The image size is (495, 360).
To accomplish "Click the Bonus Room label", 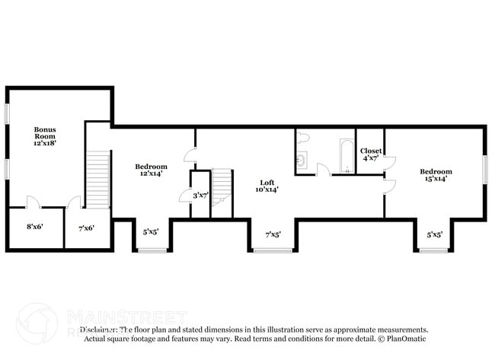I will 45,135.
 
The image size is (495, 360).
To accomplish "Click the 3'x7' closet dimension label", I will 201,196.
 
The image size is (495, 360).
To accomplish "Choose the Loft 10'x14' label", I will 267,186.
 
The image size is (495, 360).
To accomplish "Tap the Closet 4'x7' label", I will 370,155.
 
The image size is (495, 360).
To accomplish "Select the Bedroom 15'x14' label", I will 436,175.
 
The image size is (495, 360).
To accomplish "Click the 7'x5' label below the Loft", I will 273,235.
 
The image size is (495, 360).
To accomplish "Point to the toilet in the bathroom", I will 303,138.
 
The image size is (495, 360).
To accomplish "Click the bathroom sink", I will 301,161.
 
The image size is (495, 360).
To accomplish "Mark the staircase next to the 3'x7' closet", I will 221,184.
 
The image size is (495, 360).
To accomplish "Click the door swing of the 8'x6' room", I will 34,202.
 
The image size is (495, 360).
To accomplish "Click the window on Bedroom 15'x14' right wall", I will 484,169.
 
